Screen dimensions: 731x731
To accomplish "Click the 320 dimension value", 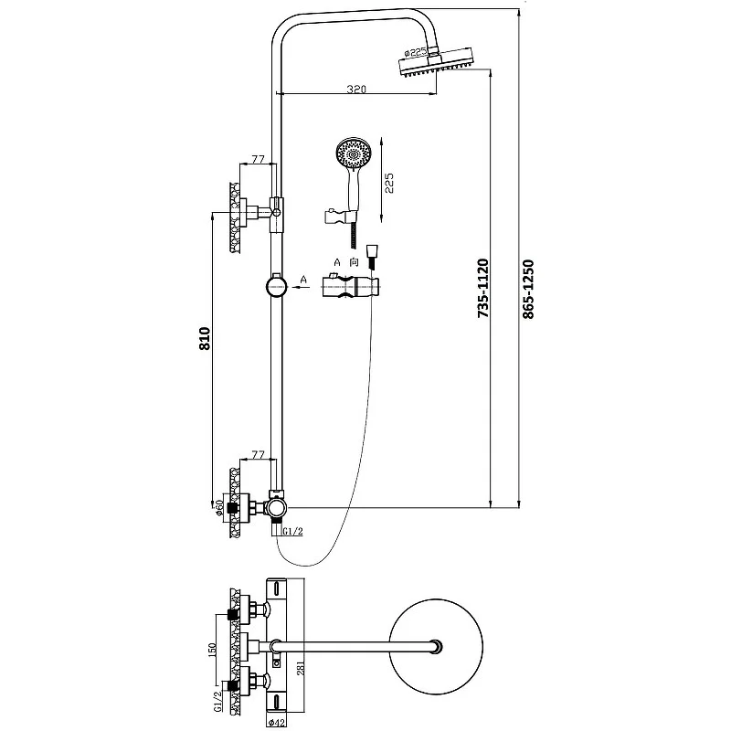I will (356, 89).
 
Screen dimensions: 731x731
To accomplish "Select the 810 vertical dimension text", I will (206, 339).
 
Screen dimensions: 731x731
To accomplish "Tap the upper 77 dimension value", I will (257, 159).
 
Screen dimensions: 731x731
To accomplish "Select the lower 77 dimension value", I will (257, 454).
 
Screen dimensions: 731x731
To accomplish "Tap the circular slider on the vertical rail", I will (274, 286).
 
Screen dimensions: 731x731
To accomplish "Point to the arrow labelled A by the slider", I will (298, 286).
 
